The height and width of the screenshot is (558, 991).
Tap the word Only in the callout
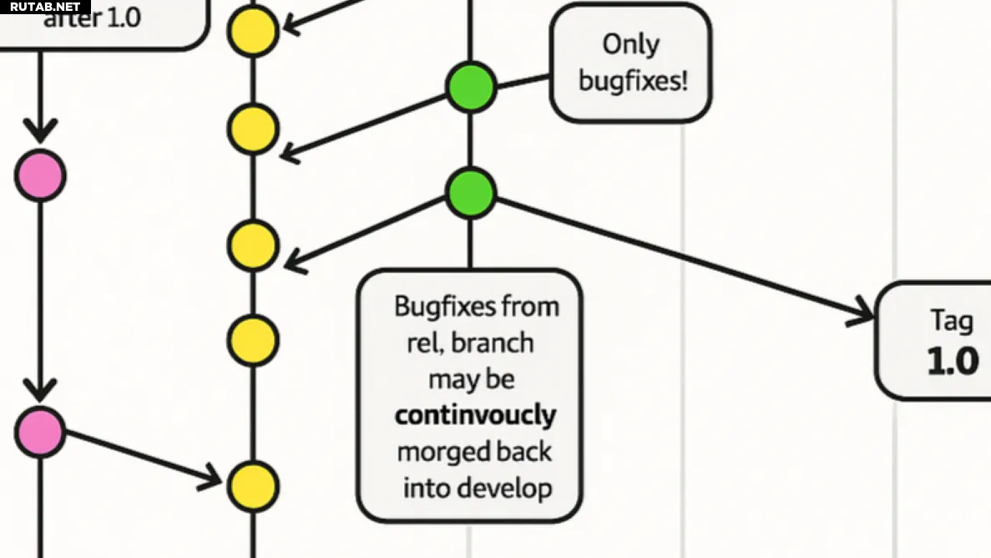(630, 44)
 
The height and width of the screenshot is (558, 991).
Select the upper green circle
(471, 87)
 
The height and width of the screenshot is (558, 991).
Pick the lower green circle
(471, 192)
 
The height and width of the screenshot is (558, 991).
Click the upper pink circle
(39, 175)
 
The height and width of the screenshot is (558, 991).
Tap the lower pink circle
(39, 433)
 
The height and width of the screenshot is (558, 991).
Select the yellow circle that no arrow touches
(252, 340)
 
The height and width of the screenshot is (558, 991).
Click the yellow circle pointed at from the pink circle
(252, 486)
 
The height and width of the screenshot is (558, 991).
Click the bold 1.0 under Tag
(952, 361)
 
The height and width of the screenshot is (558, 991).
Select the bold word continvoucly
(475, 415)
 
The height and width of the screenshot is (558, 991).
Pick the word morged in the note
(435, 452)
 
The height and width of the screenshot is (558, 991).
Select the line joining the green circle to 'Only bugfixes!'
(523, 80)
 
